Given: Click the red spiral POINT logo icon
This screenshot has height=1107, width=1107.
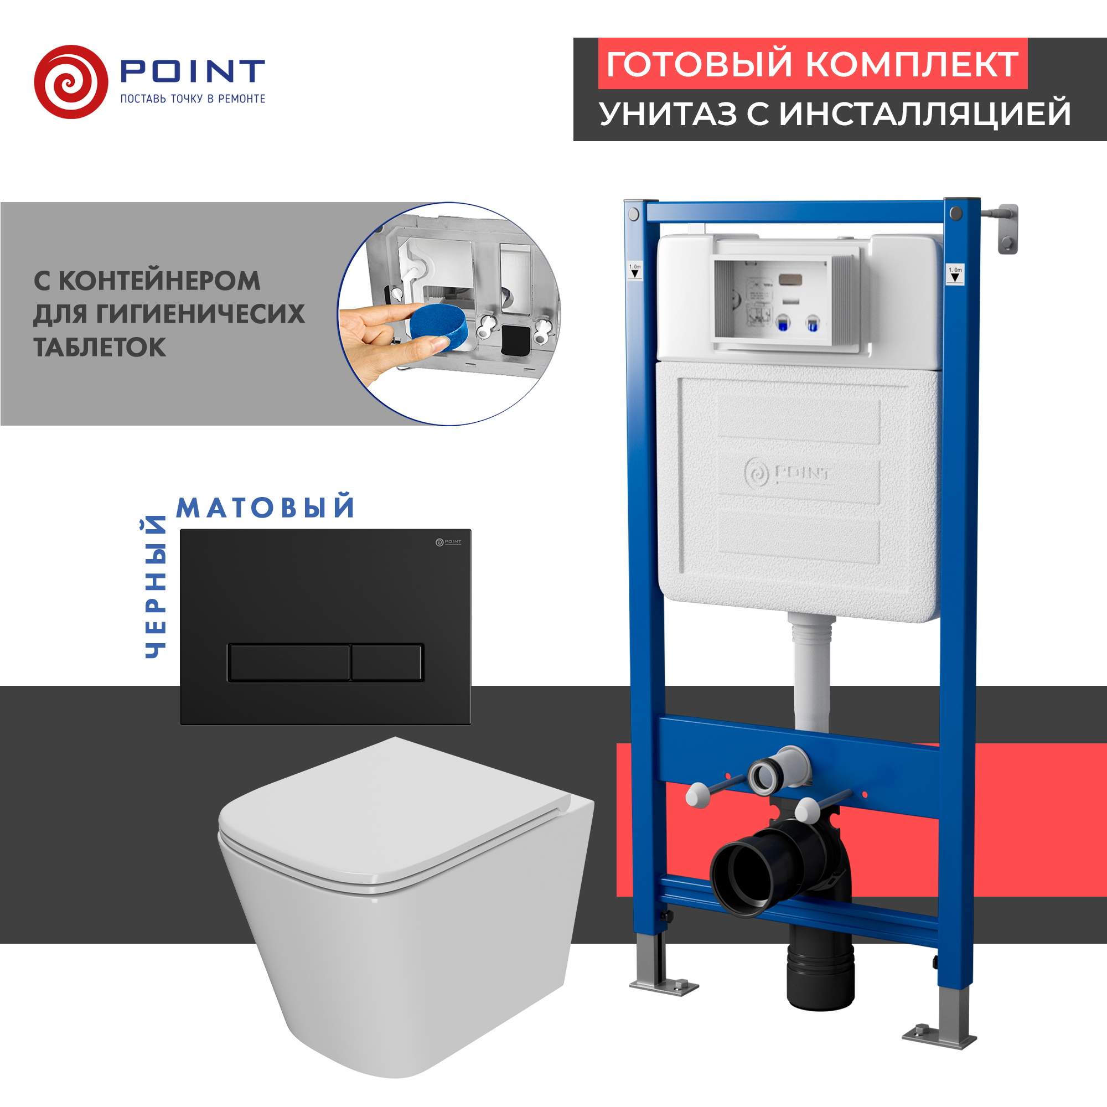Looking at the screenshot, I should coord(70,82).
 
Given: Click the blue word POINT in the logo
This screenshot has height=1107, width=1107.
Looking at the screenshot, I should coord(192,71).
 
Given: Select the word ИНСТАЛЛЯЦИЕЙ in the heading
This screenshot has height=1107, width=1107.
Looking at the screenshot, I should coord(925,113).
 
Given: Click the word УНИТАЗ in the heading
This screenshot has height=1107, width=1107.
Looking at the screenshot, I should coord(668,113).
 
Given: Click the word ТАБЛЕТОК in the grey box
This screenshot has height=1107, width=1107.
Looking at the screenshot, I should coord(100,347).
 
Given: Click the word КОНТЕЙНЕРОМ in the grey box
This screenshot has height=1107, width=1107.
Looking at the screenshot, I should coord(159,281).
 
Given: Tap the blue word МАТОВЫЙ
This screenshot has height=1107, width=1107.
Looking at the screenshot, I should coord(265,508).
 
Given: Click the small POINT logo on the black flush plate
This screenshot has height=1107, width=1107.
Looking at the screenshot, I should coord(448,542).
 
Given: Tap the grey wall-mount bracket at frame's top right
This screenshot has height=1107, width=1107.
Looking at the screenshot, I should coord(1007,229).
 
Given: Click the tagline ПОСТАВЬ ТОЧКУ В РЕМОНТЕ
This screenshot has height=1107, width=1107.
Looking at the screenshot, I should coord(193,99).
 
